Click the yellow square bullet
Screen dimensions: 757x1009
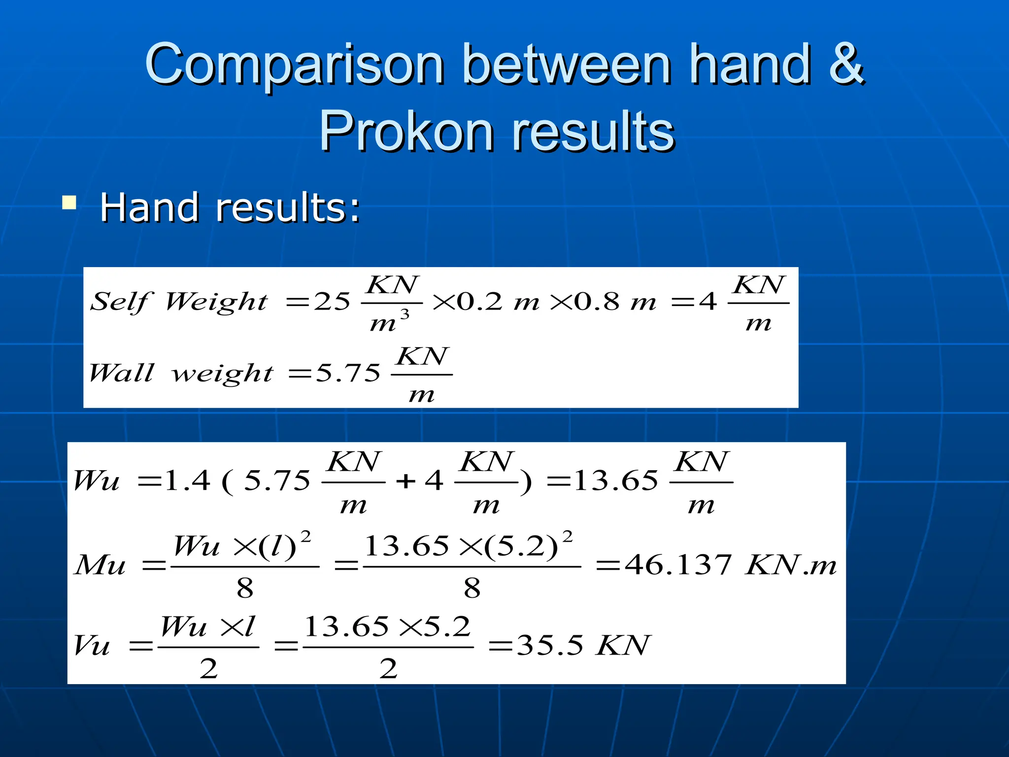tap(69, 203)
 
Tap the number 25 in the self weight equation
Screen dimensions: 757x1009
tap(332, 301)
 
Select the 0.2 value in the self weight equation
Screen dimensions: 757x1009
tap(479, 301)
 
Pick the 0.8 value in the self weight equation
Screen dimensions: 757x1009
tap(597, 301)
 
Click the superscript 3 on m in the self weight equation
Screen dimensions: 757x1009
tap(404, 314)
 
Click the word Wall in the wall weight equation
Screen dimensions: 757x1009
tap(121, 373)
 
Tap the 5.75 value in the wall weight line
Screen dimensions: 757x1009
tap(348, 373)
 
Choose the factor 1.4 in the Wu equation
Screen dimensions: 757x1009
tap(187, 480)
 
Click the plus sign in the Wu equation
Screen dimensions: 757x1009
tap(405, 481)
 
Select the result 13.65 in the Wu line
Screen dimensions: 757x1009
tap(616, 480)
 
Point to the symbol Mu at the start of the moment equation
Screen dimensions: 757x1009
tap(100, 565)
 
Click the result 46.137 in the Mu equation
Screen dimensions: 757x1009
tap(678, 565)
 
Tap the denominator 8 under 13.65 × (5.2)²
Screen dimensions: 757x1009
tap(472, 588)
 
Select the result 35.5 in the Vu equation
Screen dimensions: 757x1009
tap(550, 645)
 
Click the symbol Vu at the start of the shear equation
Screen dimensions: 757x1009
tap(92, 645)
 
